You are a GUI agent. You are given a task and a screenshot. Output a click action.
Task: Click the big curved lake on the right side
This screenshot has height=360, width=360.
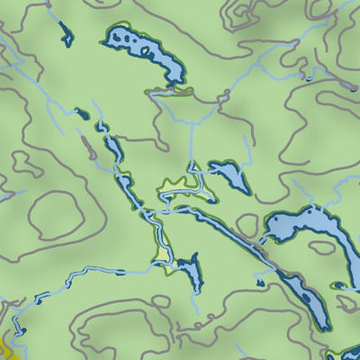[x=306, y=225]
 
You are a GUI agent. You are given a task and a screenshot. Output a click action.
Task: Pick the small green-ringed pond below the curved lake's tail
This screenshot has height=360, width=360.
[x=340, y=285]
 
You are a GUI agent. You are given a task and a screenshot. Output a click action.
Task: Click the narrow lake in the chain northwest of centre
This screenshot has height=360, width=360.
[x=113, y=148]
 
